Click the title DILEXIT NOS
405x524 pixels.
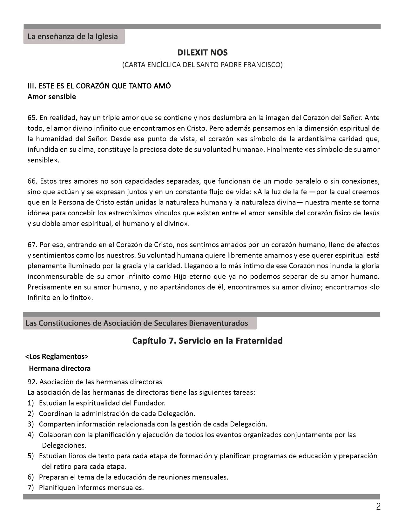pyautogui.click(x=202, y=52)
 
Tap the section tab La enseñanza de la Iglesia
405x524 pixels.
pyautogui.click(x=73, y=37)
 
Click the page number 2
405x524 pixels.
pyautogui.click(x=378, y=507)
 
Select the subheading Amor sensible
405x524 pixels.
pyautogui.click(x=52, y=97)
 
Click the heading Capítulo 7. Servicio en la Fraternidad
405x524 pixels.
pyautogui.click(x=207, y=341)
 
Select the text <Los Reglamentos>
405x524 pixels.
pyautogui.click(x=57, y=357)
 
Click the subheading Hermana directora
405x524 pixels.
pyautogui.click(x=60, y=368)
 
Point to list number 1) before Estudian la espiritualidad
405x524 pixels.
pyautogui.click(x=31, y=403)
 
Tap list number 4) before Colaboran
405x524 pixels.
pyautogui.click(x=31, y=435)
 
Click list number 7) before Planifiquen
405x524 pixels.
pyautogui.click(x=31, y=487)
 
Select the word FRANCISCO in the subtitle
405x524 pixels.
pyautogui.click(x=265, y=65)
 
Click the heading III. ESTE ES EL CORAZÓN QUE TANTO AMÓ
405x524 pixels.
pyautogui.click(x=99, y=86)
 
